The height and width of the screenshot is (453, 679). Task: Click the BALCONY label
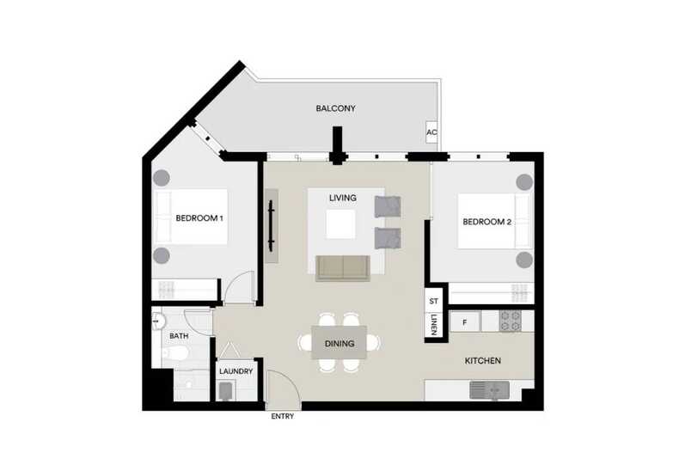(x=335, y=108)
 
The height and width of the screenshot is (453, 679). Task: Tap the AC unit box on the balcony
(x=431, y=132)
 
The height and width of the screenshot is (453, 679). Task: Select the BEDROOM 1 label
(x=199, y=218)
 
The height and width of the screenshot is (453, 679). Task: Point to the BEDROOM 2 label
(x=486, y=222)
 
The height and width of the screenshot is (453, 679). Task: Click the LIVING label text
(x=343, y=198)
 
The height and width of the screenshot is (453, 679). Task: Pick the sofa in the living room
(x=343, y=267)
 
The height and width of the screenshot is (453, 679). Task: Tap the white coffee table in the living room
(x=341, y=223)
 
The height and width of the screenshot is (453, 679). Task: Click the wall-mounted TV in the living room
(x=271, y=225)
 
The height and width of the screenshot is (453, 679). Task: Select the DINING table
(x=339, y=343)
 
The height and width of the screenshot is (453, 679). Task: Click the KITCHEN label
(x=483, y=361)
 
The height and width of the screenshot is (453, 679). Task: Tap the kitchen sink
(x=489, y=389)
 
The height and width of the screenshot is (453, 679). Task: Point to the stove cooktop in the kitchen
(x=511, y=321)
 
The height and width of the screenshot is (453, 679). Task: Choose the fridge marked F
(x=465, y=322)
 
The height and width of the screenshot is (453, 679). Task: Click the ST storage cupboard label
(x=433, y=301)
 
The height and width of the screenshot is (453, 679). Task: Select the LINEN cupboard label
(x=433, y=324)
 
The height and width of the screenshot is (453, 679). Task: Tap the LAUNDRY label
(x=236, y=371)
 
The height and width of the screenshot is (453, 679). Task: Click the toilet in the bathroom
(x=175, y=354)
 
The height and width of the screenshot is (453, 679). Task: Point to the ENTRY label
(x=282, y=416)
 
